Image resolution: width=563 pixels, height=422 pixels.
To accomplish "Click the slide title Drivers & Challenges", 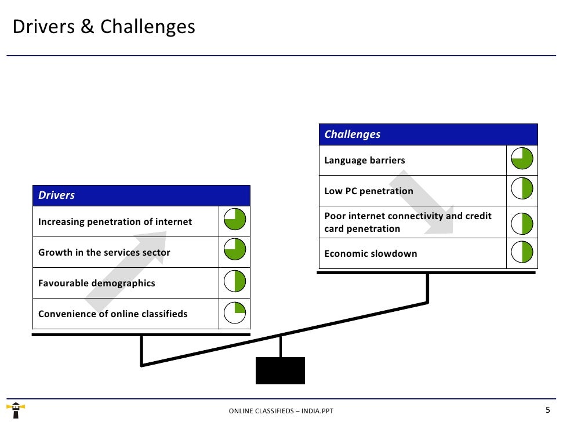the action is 104,27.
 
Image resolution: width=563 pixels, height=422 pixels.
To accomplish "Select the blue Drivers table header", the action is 141,195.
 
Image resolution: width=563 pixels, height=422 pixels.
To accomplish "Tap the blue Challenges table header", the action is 428,134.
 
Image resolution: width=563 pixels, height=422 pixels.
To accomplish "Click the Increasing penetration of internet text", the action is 115,222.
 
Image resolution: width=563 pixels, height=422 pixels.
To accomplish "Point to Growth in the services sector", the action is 104,253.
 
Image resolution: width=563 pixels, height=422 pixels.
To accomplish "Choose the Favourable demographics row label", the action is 97,283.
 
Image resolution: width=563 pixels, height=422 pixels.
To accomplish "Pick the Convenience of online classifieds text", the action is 113,314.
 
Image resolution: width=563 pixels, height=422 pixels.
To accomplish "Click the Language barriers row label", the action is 365,161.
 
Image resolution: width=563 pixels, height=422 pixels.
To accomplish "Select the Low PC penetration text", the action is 369,191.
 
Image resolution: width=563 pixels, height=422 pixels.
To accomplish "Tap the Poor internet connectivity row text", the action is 408,222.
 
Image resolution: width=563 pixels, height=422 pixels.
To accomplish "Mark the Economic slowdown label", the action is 371,254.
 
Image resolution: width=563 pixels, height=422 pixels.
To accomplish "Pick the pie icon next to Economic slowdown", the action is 522,253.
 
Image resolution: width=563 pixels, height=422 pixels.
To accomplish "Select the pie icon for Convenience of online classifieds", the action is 235,314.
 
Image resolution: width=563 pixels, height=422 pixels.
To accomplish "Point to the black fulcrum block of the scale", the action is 280,370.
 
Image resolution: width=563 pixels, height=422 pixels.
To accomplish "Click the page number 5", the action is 547,410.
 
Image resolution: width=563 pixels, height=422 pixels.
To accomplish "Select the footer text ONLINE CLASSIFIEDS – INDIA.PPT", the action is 281,411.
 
